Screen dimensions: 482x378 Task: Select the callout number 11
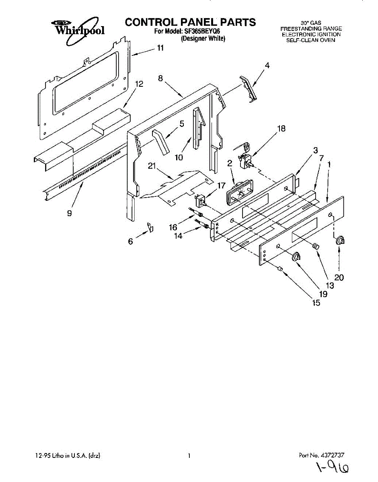pos(160,48)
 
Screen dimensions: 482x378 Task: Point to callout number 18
pos(281,129)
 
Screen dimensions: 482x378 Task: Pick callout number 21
pos(152,165)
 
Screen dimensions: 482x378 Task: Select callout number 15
pos(316,303)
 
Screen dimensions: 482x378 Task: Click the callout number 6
pos(130,241)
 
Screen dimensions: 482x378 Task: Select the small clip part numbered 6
pos(150,227)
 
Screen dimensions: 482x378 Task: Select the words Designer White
pos(203,39)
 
